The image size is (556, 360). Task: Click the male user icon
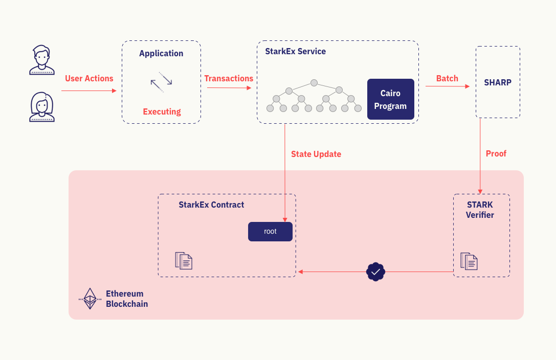[x=41, y=60]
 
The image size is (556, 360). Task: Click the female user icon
[x=41, y=107]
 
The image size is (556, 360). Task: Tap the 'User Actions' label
[x=89, y=79]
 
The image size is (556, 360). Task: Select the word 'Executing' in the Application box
[x=162, y=112]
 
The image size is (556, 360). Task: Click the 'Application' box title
[x=161, y=54]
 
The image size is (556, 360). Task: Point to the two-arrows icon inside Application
[x=161, y=82]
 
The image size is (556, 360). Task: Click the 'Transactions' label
[x=229, y=79]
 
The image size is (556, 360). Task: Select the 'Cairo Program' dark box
[x=390, y=99]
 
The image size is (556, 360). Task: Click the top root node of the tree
[x=314, y=83]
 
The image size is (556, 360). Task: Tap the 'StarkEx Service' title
[x=295, y=52]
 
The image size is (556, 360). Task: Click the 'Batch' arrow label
[x=447, y=79]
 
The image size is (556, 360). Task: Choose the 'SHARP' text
[x=498, y=82]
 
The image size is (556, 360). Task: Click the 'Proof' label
[x=496, y=154]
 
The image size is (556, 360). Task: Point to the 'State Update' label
[x=316, y=154]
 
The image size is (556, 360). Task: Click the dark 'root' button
[x=270, y=232]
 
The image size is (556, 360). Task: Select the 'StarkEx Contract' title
[x=211, y=205]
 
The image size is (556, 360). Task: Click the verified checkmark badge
[x=375, y=272]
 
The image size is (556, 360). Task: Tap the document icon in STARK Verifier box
[x=469, y=261]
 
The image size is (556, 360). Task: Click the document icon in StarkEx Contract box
[x=184, y=261]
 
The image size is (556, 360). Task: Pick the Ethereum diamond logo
[x=90, y=299]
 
